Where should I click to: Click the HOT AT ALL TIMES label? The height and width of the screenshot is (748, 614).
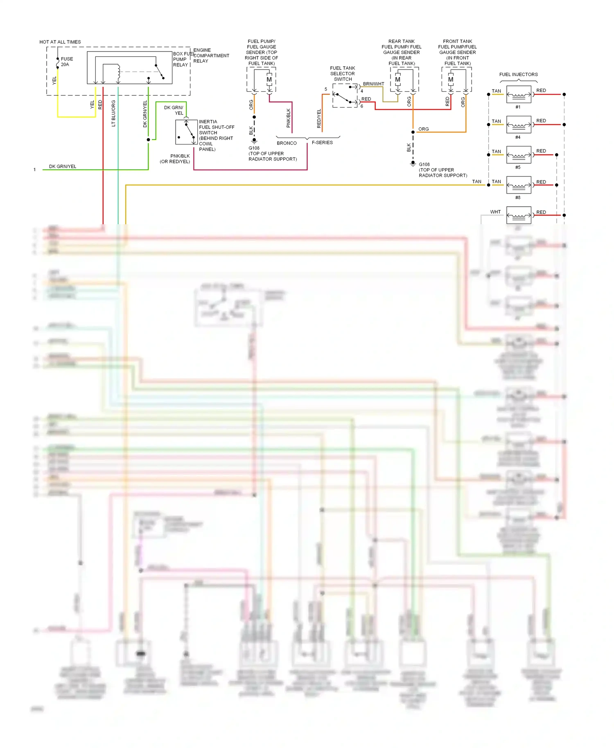coord(60,42)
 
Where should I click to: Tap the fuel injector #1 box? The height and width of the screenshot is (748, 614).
coord(519,95)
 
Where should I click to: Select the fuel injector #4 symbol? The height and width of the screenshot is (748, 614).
coord(519,124)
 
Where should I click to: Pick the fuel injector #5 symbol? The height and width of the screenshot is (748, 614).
coord(519,155)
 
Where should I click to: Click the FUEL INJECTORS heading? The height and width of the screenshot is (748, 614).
coord(518,74)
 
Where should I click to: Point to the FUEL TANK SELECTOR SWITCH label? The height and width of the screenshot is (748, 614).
coord(343,74)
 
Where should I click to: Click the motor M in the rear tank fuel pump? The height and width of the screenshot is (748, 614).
coord(397,79)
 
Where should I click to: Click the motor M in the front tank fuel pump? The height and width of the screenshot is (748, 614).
coord(451,79)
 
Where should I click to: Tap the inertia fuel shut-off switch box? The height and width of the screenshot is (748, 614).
coord(186,132)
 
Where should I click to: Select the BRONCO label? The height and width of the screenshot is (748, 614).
coord(287,143)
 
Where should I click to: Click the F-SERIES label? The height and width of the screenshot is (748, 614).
coord(322,142)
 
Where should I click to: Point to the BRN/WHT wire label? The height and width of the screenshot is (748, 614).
coord(373,84)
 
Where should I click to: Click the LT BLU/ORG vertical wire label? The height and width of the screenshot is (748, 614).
coord(113,113)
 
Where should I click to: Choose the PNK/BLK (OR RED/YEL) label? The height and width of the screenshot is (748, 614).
coord(175,159)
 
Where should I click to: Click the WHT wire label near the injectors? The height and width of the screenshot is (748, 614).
coord(495,212)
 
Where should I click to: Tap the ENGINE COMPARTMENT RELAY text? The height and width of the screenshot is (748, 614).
coord(211,56)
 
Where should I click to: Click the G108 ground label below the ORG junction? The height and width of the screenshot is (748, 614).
coord(424,164)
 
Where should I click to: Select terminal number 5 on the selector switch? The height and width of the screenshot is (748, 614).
coord(326,89)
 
